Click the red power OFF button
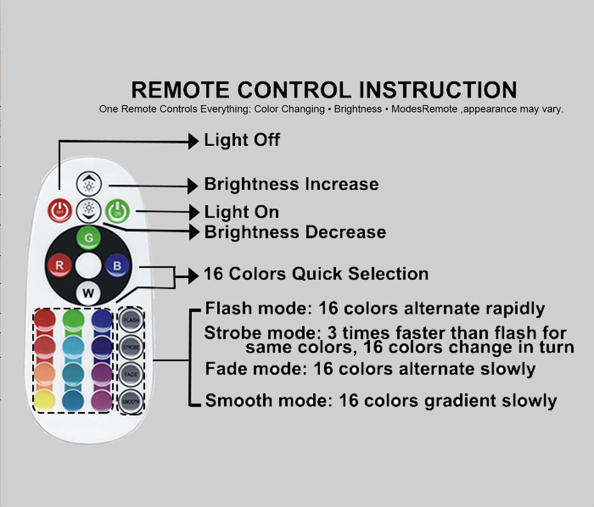(x=60, y=211)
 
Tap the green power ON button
(x=116, y=211)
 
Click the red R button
(x=59, y=266)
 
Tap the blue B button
(x=116, y=266)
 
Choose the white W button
(x=88, y=293)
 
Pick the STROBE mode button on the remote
(x=131, y=347)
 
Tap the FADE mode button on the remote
(x=131, y=374)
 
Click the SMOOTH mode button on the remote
(x=131, y=401)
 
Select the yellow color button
(x=45, y=401)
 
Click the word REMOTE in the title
(x=179, y=90)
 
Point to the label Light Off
(x=242, y=140)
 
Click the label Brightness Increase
(x=291, y=184)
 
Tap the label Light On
(x=242, y=213)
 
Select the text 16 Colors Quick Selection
(x=316, y=274)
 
